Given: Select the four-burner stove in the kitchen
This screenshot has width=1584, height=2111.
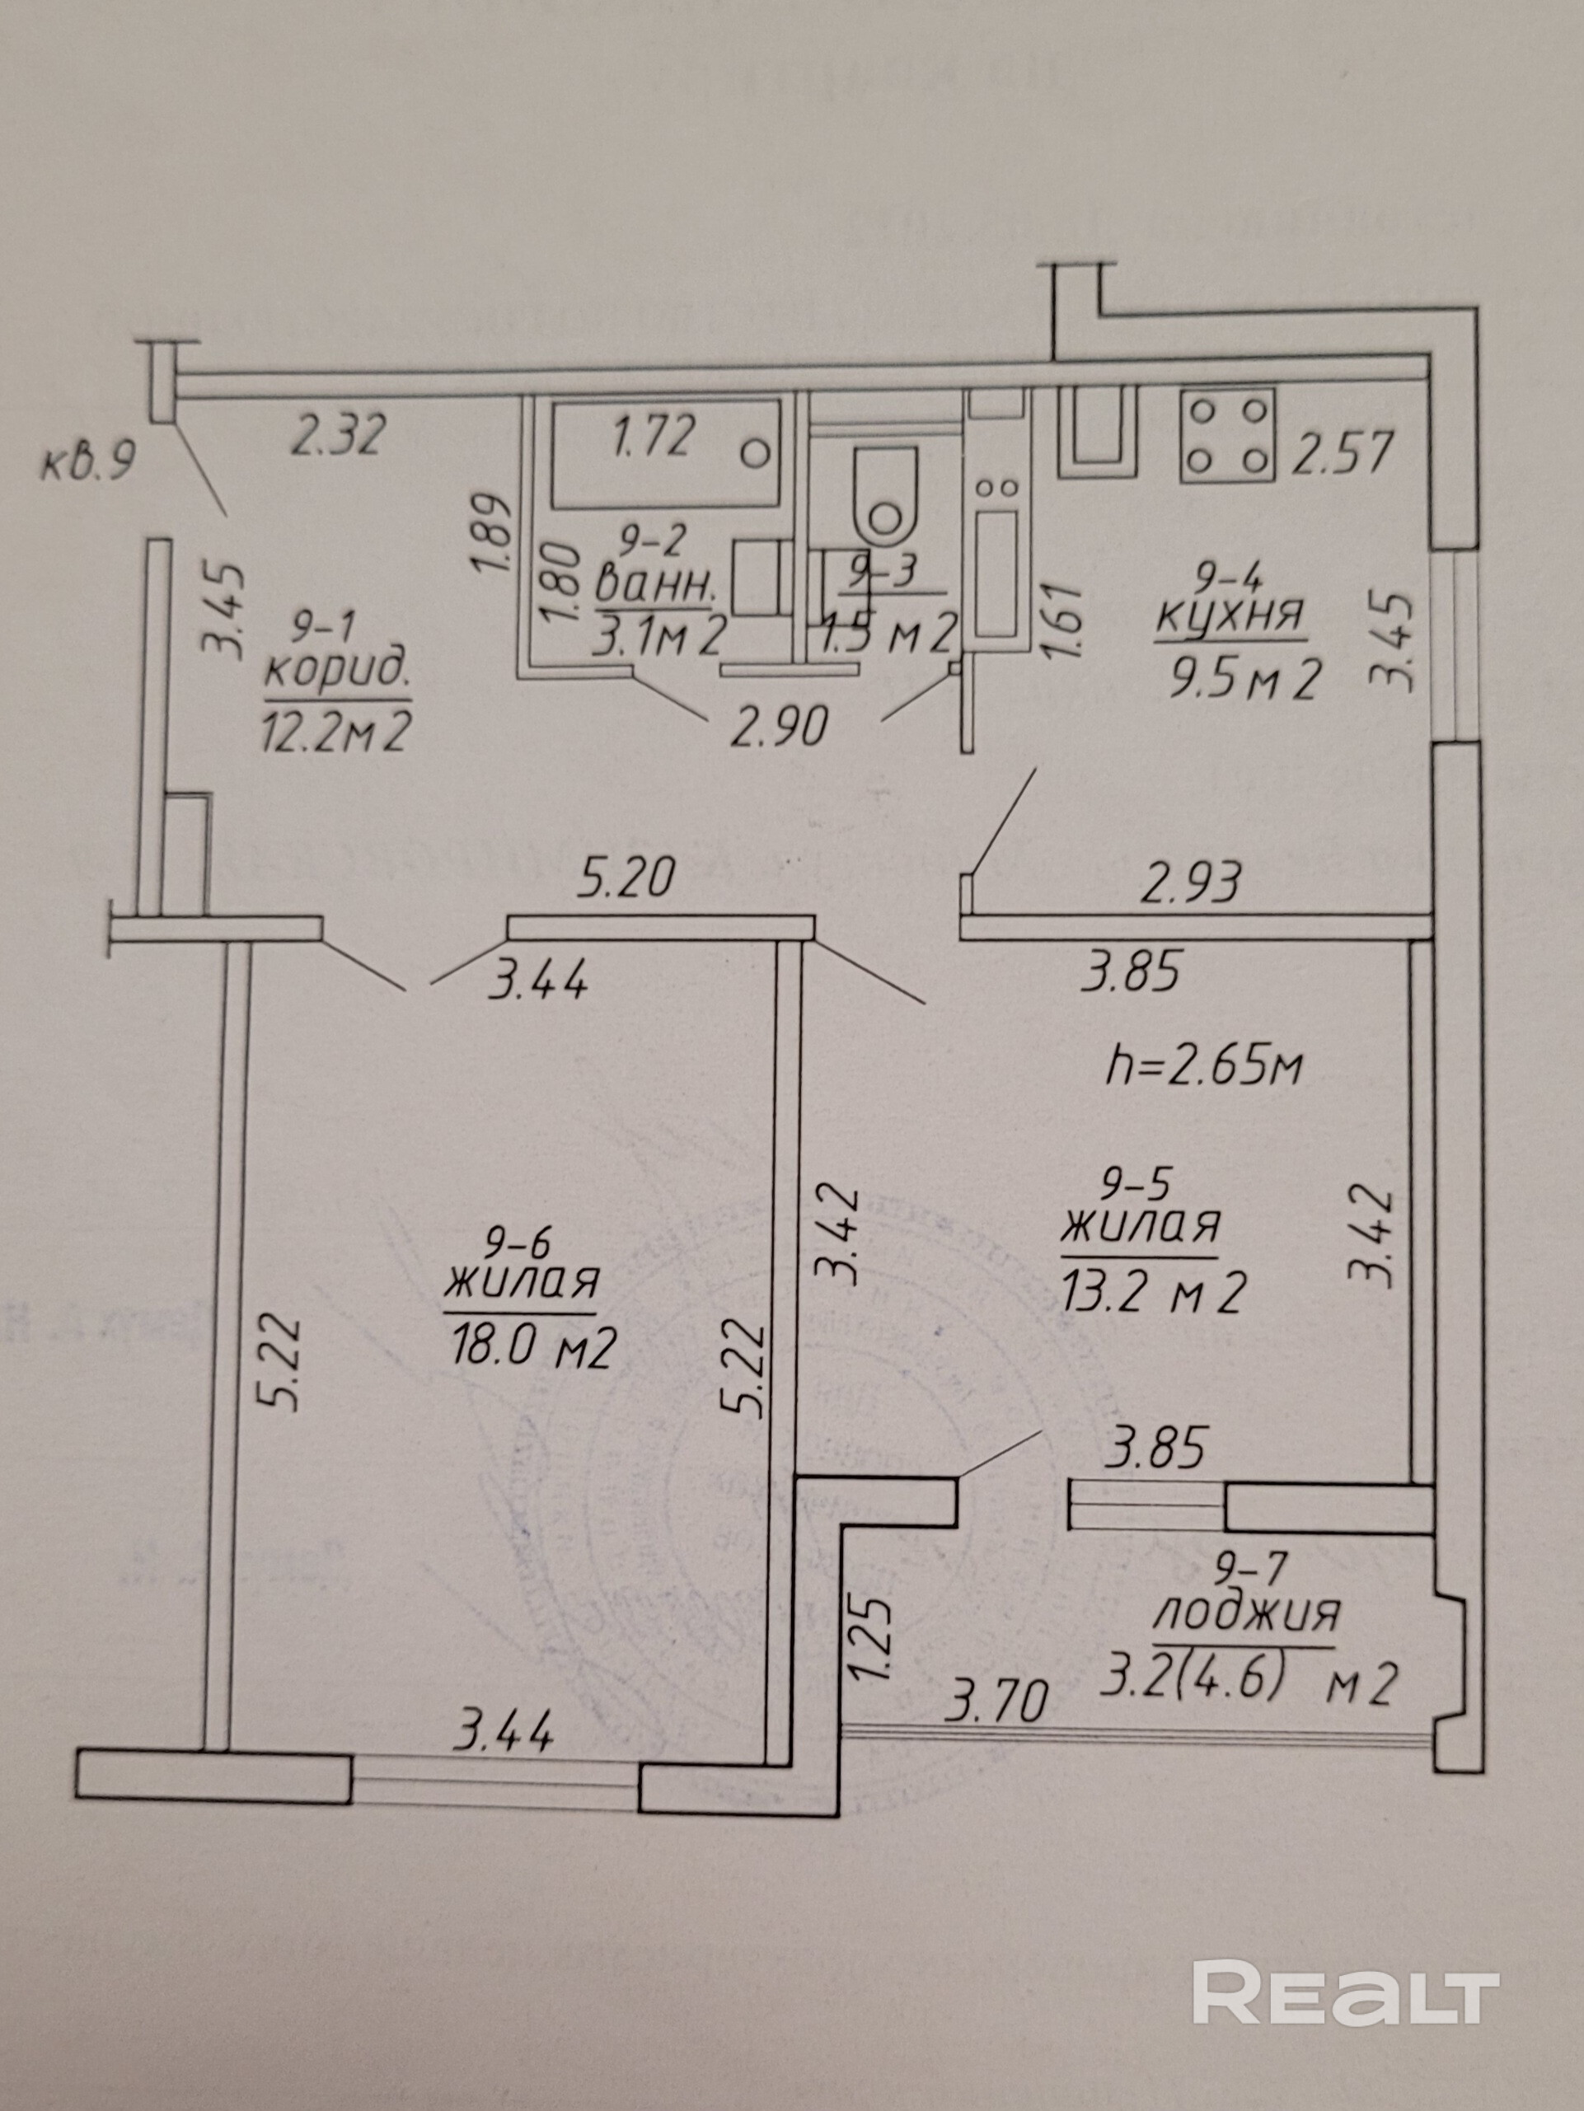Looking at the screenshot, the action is (x=1228, y=436).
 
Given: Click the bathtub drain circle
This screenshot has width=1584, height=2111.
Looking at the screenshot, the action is (x=757, y=452).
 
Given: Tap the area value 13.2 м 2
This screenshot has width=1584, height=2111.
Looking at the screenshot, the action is (x=1152, y=1293).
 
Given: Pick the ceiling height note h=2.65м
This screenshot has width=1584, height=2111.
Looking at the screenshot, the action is (x=1203, y=1066).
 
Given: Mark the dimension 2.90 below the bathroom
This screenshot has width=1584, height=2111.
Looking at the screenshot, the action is (x=776, y=728).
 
